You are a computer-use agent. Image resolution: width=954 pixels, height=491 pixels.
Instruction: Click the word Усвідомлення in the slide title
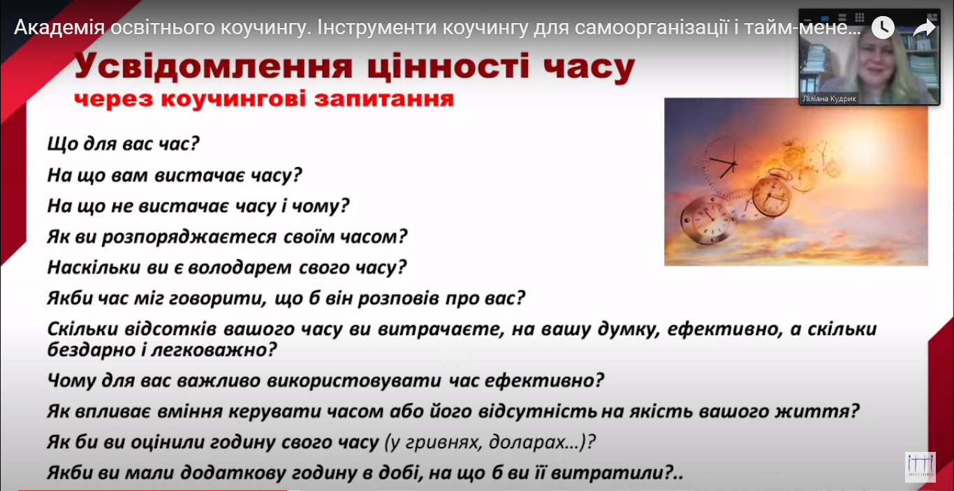tap(214, 66)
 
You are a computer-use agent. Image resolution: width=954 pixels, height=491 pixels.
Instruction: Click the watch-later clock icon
tap(883, 28)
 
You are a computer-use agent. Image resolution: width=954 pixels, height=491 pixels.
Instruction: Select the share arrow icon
tap(924, 28)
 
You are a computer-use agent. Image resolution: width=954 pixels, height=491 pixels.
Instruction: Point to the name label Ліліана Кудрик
tap(829, 98)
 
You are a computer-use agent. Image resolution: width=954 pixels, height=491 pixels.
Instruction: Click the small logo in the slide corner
tap(920, 467)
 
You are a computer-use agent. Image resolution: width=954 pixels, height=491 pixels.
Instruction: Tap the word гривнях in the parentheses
tap(443, 442)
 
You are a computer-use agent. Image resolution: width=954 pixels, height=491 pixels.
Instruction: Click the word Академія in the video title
tap(59, 28)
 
